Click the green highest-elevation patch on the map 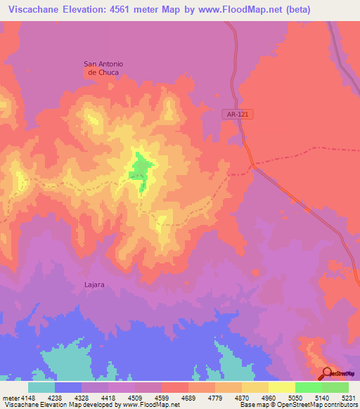[x=141, y=171]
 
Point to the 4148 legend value [x=27, y=397]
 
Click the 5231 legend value [x=348, y=397]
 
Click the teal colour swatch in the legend [x=41, y=387]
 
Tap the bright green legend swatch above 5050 [x=308, y=387]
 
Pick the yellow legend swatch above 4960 [x=281, y=387]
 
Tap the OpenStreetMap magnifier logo [x=327, y=372]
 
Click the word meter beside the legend [x=9, y=397]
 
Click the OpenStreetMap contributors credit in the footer [x=316, y=405]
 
